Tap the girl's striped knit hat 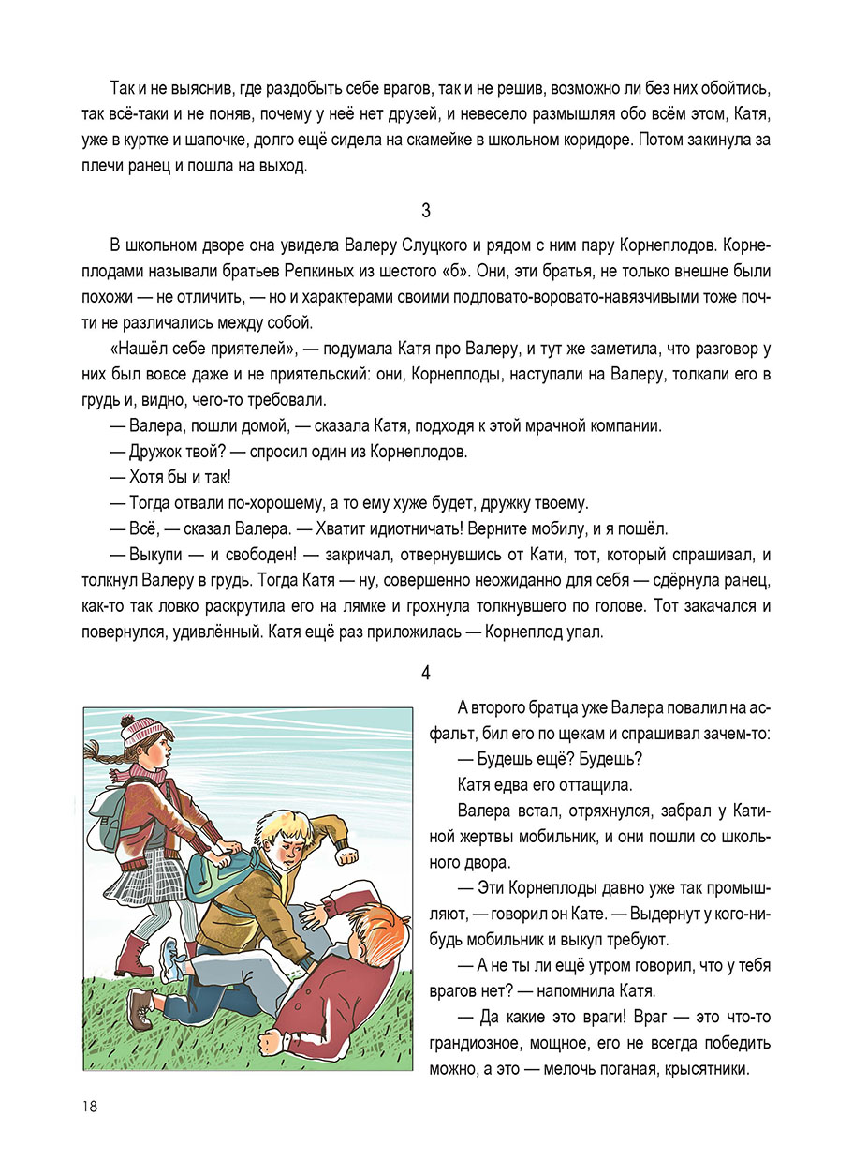pos(143,730)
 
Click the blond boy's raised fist pos(347,855)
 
